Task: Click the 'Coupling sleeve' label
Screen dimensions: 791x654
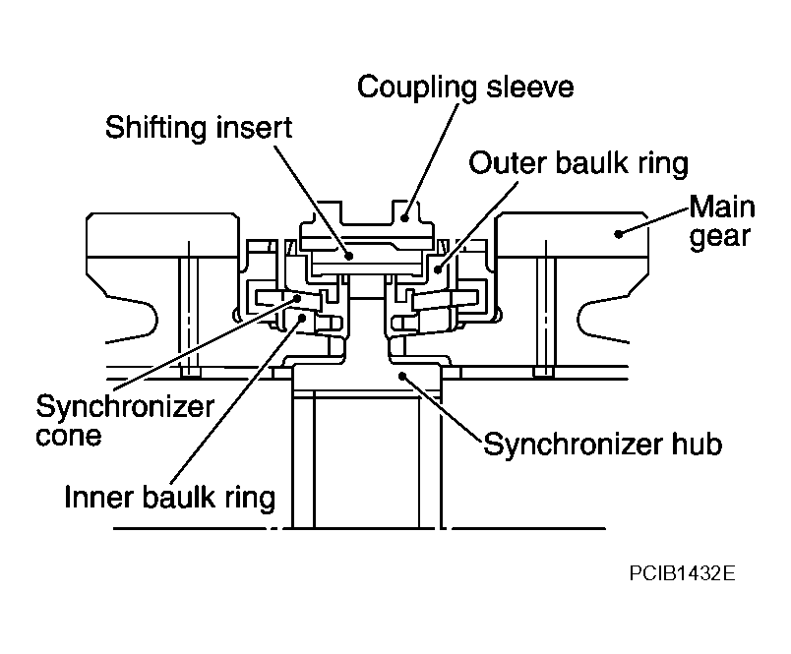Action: tap(465, 88)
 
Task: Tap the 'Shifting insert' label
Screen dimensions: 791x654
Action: tap(199, 127)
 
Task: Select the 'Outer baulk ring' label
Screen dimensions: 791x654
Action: tap(578, 163)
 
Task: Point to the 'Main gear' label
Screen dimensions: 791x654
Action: tap(722, 221)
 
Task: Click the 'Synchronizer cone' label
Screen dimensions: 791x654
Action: tap(125, 421)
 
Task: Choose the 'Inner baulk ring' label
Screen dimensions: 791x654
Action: tap(170, 498)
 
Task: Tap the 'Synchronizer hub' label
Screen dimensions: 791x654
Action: tap(603, 445)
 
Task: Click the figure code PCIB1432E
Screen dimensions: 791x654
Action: tap(682, 573)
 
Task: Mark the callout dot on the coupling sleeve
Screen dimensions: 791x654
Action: tap(404, 218)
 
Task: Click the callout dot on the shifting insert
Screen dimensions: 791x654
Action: tap(348, 256)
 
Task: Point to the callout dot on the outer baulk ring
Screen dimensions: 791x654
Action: tap(438, 269)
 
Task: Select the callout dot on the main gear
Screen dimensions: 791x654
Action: tap(618, 233)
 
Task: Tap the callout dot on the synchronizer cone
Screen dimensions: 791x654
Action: tap(297, 299)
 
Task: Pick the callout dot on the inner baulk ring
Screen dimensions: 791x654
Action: tap(302, 318)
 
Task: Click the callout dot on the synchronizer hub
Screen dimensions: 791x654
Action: tap(402, 375)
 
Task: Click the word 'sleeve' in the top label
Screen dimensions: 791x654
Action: tap(530, 87)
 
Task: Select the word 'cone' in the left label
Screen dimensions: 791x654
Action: tap(69, 436)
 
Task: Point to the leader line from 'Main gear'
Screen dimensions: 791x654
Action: tap(654, 220)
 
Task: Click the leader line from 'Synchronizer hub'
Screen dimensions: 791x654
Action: tap(443, 409)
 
